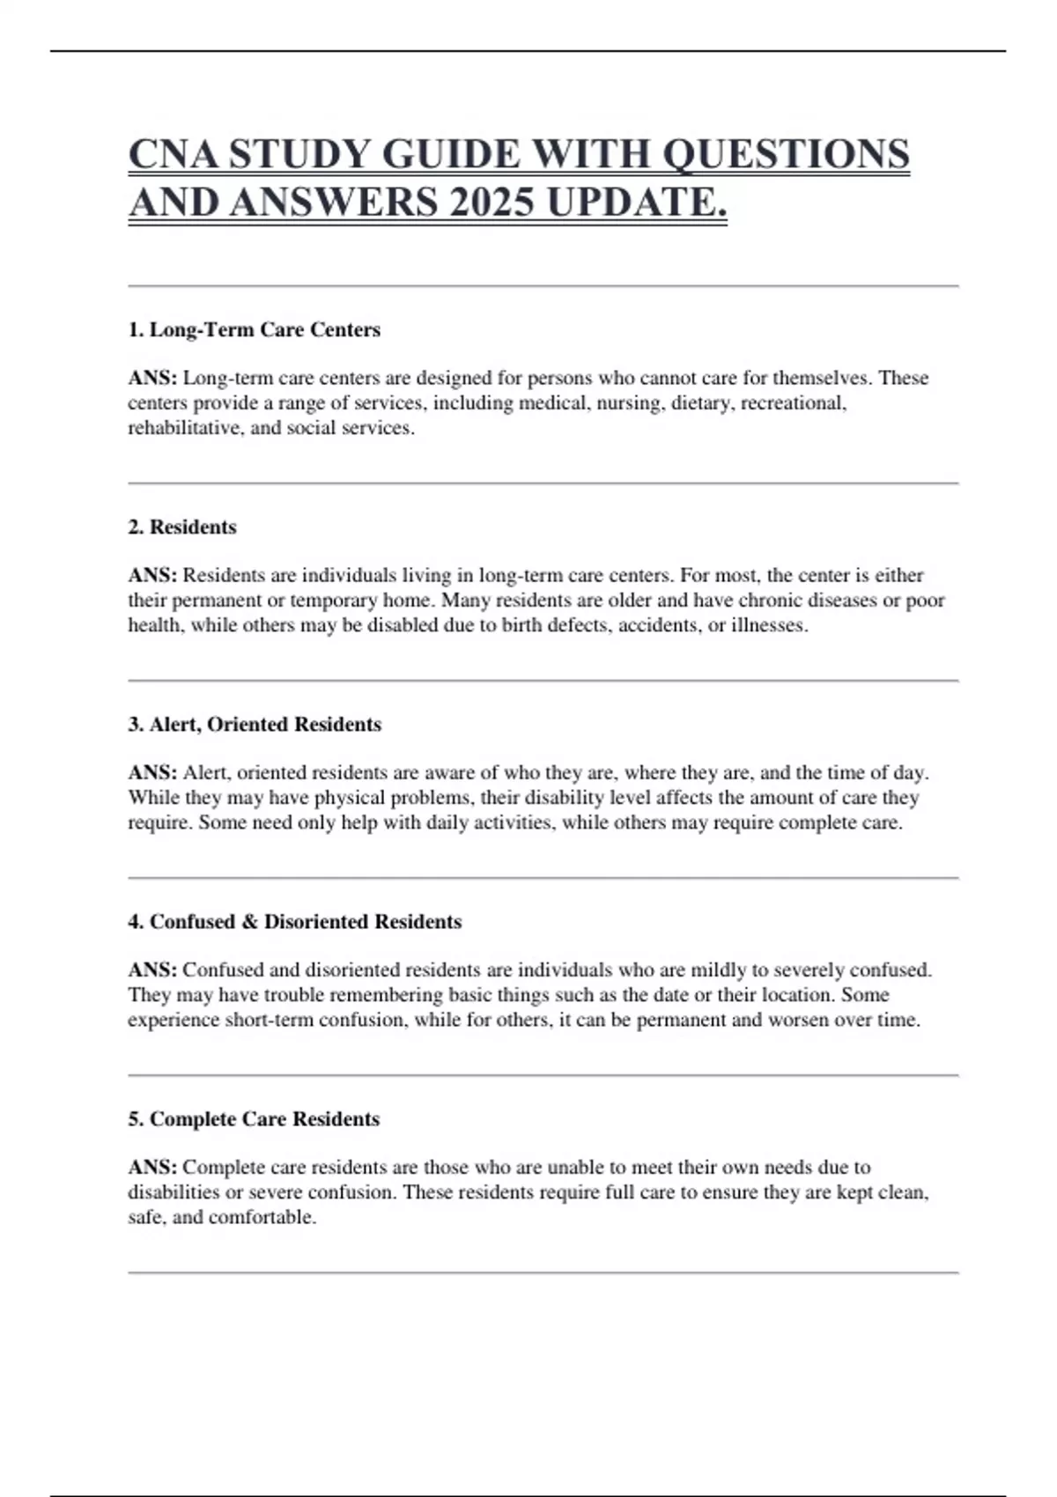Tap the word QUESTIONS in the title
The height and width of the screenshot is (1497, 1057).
pyautogui.click(x=786, y=154)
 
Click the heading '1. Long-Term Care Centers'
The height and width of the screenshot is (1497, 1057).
pyautogui.click(x=255, y=329)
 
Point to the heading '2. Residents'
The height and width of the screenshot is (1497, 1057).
pyautogui.click(x=182, y=527)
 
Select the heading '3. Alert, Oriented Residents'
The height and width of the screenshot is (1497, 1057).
pyautogui.click(x=255, y=724)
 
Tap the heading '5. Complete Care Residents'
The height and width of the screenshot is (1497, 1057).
pyautogui.click(x=254, y=1118)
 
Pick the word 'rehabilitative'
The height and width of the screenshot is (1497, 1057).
pyautogui.click(x=183, y=428)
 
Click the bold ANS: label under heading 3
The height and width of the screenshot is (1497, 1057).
pyautogui.click(x=152, y=772)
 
